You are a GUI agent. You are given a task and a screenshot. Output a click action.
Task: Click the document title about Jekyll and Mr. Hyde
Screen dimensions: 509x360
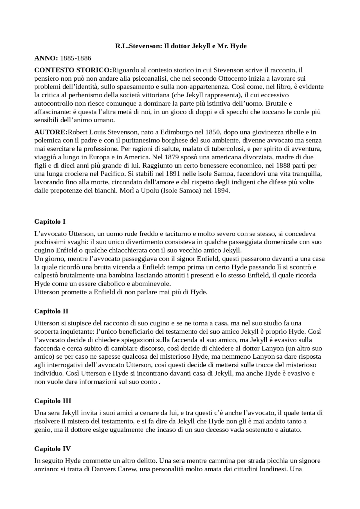(181, 46)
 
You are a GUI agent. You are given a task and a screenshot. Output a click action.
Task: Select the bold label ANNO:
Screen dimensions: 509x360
(46, 58)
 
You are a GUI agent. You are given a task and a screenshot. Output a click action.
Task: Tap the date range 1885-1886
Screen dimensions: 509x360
(76, 58)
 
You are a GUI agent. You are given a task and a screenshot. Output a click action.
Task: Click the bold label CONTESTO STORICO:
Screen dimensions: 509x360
(73, 70)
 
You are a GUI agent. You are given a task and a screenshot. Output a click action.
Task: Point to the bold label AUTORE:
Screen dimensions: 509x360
(51, 132)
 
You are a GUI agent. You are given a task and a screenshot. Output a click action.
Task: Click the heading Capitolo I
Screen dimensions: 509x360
(50, 221)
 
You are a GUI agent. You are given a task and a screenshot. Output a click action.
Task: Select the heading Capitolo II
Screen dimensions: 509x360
(51, 311)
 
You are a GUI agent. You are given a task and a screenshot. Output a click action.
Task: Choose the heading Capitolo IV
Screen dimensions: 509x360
(52, 449)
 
